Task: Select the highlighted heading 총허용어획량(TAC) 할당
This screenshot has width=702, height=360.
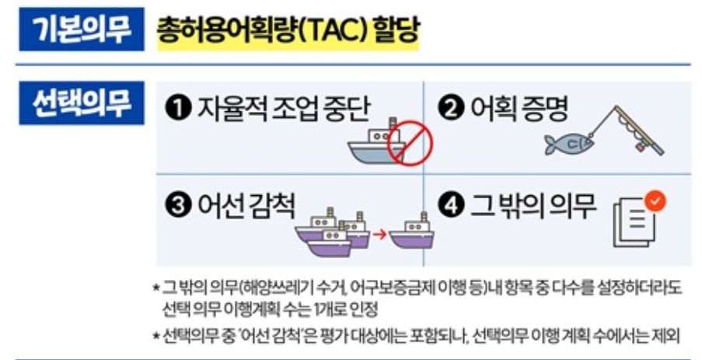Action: click(x=288, y=31)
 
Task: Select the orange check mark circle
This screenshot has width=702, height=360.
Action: click(x=657, y=201)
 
